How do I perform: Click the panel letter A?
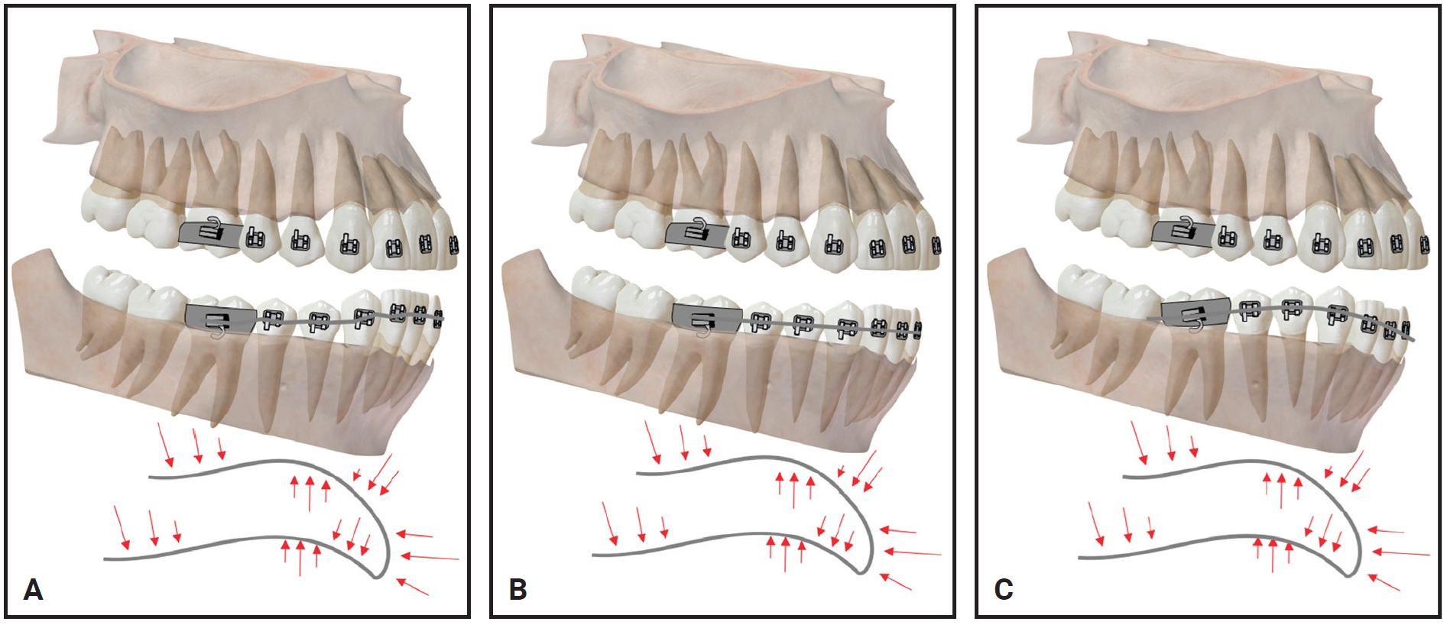(33, 589)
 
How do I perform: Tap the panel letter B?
(517, 589)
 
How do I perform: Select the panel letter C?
(1003, 589)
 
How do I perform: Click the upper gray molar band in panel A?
(210, 233)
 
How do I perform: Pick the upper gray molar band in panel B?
(696, 233)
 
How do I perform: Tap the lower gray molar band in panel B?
(707, 316)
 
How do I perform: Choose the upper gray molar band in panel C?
(1183, 233)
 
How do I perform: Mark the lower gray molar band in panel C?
(1195, 312)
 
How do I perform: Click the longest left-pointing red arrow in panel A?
(430, 557)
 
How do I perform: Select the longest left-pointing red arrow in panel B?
(913, 552)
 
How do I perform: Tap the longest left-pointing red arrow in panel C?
(1400, 552)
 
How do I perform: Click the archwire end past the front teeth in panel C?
(1413, 339)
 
